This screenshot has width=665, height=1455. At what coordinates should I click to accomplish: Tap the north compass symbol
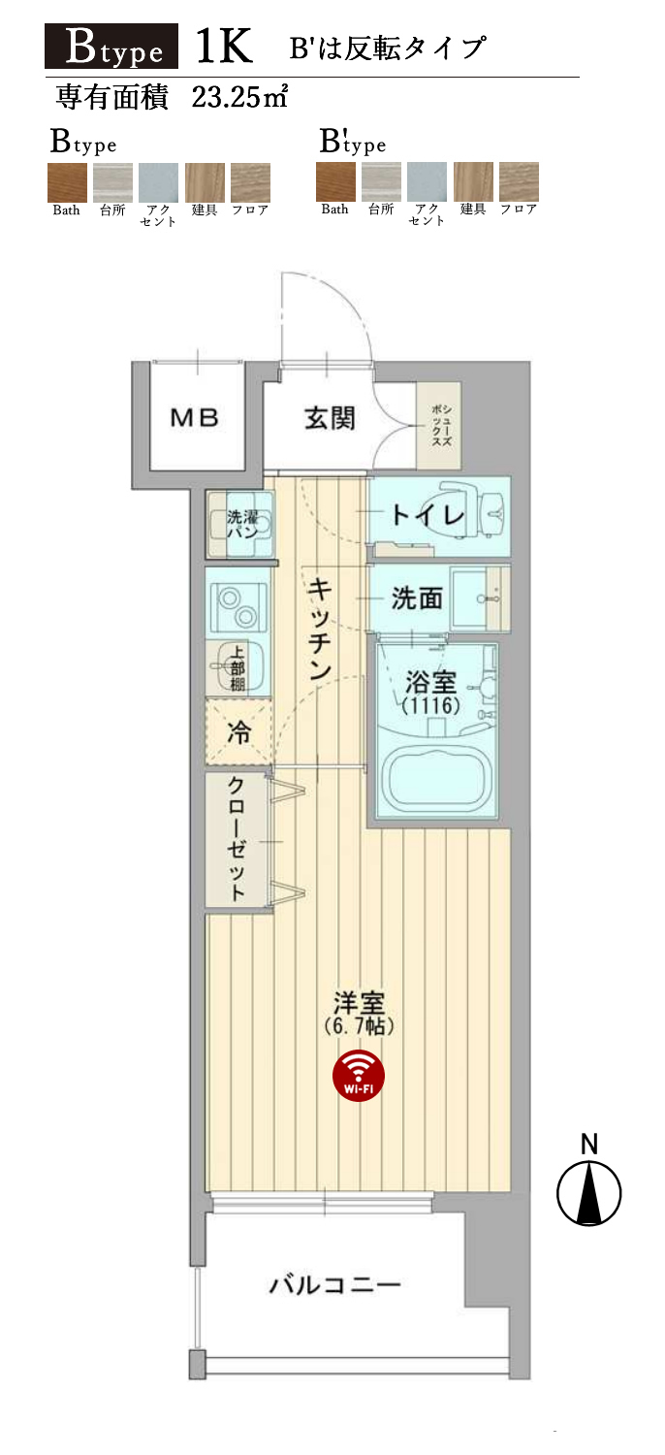pos(589,1192)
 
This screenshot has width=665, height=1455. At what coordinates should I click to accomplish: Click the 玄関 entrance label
pos(330,418)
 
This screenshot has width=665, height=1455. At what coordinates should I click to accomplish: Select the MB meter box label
pos(194,418)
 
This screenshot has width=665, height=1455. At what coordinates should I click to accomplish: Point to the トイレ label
pos(427,515)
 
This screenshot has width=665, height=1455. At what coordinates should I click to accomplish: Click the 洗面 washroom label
pos(417,598)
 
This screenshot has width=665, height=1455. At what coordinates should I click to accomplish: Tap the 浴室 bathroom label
pos(431,682)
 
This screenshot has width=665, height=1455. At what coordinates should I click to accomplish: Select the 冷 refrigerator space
pos(239,732)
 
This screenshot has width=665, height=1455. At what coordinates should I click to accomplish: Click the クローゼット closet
pos(237,840)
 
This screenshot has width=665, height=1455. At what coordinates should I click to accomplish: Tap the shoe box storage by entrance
pos(439,426)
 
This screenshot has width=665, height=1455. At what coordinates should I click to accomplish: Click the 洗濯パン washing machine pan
pos(240,525)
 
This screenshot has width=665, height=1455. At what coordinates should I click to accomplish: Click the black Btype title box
pos(111,47)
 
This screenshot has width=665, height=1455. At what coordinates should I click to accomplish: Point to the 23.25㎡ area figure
pos(239,97)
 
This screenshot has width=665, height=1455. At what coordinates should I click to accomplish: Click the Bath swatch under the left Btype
pos(67,182)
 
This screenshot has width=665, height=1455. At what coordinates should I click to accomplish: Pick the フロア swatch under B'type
pos(519,181)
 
